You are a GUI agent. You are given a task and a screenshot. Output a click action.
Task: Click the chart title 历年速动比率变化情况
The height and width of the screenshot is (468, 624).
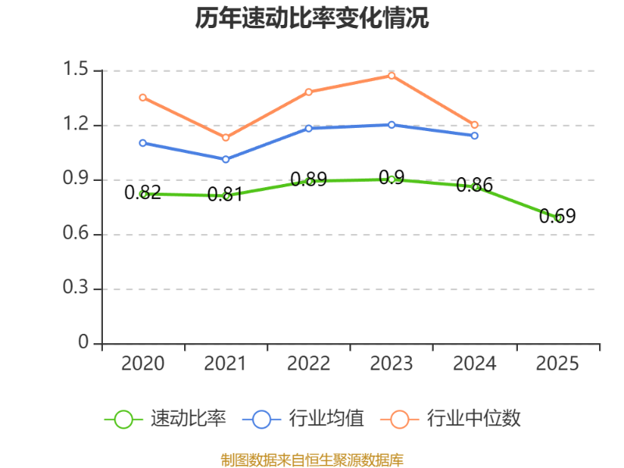pyautogui.click(x=311, y=18)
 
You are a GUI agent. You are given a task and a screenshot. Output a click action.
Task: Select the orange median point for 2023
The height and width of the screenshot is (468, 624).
pyautogui.click(x=392, y=76)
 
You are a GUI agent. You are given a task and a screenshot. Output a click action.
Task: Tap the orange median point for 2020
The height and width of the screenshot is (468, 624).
pyautogui.click(x=143, y=97)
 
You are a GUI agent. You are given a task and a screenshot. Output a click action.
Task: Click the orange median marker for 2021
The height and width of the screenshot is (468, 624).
pyautogui.click(x=225, y=138)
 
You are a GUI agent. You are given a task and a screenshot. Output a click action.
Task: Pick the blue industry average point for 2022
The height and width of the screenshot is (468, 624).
pyautogui.click(x=309, y=129)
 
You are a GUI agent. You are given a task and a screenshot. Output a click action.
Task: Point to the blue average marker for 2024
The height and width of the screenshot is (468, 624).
pyautogui.click(x=474, y=136)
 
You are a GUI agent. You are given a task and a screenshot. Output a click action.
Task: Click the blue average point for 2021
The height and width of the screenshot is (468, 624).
pyautogui.click(x=225, y=159)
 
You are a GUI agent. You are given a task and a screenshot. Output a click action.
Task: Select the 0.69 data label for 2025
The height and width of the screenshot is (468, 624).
pyautogui.click(x=557, y=216)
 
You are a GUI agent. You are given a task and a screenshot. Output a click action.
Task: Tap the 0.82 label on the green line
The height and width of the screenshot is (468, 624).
pyautogui.click(x=143, y=193)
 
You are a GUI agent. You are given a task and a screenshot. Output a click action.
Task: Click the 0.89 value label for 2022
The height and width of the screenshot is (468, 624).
pyautogui.click(x=309, y=179)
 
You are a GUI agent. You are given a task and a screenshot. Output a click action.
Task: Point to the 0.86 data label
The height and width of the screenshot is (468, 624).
pyautogui.click(x=474, y=185)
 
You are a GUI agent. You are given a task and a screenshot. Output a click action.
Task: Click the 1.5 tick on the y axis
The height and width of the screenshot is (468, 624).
pyautogui.click(x=76, y=69)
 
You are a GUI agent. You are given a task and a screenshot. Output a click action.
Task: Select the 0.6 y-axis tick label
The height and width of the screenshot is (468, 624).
pyautogui.click(x=76, y=232)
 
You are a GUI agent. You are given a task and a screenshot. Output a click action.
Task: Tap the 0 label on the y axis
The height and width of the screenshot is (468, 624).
pyautogui.click(x=83, y=342)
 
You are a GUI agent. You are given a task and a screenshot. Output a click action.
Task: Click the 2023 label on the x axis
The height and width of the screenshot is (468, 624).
pyautogui.click(x=392, y=363)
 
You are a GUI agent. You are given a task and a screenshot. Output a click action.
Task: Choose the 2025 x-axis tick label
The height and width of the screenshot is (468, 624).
pyautogui.click(x=557, y=363)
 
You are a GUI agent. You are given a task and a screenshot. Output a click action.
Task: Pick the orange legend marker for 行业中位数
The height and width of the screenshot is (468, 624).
pyautogui.click(x=399, y=420)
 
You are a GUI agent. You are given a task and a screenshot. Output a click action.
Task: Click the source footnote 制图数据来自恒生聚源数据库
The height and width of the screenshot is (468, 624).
pyautogui.click(x=312, y=459)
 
